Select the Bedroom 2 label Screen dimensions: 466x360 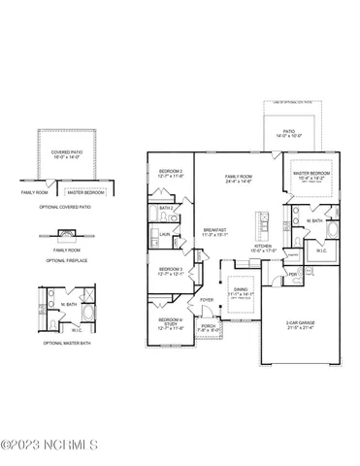pyautogui.click(x=171, y=175)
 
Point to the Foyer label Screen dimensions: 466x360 pyautogui.click(x=207, y=300)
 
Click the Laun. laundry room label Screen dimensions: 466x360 pyautogui.click(x=165, y=233)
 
